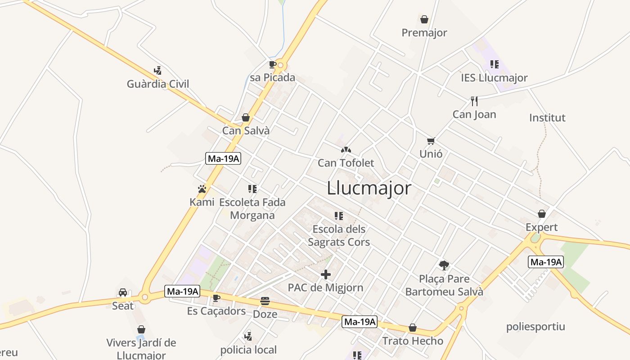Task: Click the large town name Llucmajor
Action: pyautogui.click(x=369, y=188)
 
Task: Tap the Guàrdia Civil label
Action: pyautogui.click(x=158, y=84)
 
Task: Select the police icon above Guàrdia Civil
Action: pyautogui.click(x=157, y=71)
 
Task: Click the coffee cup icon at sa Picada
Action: pyautogui.click(x=272, y=64)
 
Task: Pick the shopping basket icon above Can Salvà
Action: pyautogui.click(x=246, y=118)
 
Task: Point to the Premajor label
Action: pyautogui.click(x=424, y=33)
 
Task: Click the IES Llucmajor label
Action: pyautogui.click(x=494, y=78)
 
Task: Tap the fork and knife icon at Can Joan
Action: pyautogui.click(x=474, y=101)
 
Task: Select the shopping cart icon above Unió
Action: pyautogui.click(x=431, y=141)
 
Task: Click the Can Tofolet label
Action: pyautogui.click(x=346, y=163)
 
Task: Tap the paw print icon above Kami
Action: pyautogui.click(x=202, y=189)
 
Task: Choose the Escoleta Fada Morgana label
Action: pyautogui.click(x=252, y=209)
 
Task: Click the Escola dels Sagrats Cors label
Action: pyautogui.click(x=339, y=236)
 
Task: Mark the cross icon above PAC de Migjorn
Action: pyautogui.click(x=326, y=274)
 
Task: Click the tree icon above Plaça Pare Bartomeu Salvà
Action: pyautogui.click(x=444, y=265)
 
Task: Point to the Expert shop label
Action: pyautogui.click(x=541, y=227)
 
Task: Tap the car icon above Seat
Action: pyautogui.click(x=123, y=293)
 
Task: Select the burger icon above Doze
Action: pyautogui.click(x=265, y=301)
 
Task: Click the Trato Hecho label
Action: pyautogui.click(x=413, y=341)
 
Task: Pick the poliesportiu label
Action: pyautogui.click(x=535, y=327)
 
